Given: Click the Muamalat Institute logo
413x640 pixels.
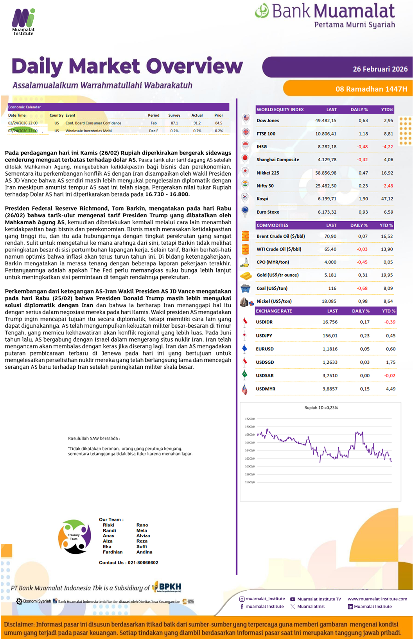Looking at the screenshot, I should [23, 22].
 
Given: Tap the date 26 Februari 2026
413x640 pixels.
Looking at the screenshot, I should [380, 69].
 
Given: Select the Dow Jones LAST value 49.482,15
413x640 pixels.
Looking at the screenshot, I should [325, 121].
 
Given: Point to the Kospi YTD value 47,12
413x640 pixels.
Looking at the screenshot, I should [387, 199].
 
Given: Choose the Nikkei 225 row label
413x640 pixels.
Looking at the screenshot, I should [268, 173].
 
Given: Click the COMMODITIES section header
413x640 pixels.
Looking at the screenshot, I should [273, 225].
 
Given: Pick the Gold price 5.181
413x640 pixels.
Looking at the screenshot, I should [330, 275].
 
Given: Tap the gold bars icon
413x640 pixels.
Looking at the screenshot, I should [246, 276].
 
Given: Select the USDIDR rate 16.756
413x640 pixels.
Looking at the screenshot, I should [330, 322].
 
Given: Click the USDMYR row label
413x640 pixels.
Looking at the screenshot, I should [266, 389].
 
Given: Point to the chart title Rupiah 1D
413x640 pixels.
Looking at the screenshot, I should [321, 407].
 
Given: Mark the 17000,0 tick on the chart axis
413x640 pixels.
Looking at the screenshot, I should [250, 427].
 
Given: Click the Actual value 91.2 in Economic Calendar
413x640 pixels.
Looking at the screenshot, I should [197, 123].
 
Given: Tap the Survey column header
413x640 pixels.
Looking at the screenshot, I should [174, 115].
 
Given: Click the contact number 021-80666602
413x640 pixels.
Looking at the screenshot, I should [143, 562].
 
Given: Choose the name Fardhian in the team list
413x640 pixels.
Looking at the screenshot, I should [113, 552].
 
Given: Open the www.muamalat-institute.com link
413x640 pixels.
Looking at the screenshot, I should [377, 599].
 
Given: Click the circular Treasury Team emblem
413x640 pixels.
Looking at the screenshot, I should [74, 537].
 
